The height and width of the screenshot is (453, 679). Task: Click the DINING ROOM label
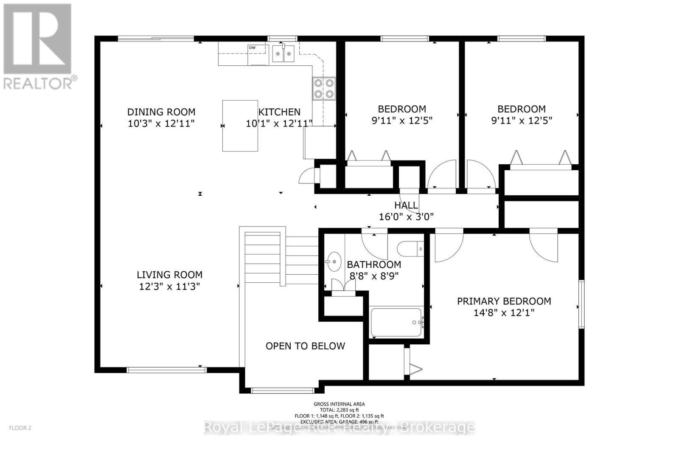[161, 112]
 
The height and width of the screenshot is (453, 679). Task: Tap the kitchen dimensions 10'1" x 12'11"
[279, 124]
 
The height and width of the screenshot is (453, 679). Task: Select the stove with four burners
[324, 89]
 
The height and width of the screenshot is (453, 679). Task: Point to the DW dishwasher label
[252, 48]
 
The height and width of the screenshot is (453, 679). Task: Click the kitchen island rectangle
[240, 126]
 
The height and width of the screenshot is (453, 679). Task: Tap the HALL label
[406, 205]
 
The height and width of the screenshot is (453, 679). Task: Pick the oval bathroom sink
[334, 262]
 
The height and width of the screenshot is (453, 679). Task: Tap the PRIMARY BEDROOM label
[504, 301]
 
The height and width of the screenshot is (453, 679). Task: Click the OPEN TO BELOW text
[305, 346]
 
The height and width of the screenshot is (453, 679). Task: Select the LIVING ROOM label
[169, 275]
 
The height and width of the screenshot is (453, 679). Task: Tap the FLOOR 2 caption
[20, 428]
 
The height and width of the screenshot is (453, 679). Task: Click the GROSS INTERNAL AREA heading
[339, 404]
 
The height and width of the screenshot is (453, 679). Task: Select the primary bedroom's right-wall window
[581, 304]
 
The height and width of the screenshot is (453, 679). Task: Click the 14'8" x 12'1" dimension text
[504, 313]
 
